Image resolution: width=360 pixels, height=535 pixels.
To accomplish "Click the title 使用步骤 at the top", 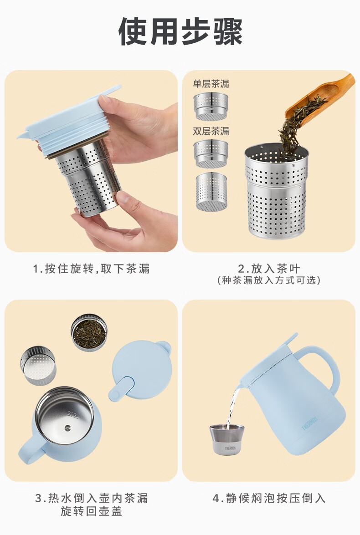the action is [x=180, y=31].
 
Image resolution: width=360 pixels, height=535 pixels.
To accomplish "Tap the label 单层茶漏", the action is [x=211, y=84].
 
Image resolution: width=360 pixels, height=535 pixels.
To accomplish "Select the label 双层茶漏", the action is [x=211, y=131].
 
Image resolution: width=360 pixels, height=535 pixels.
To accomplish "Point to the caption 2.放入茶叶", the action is [x=269, y=268].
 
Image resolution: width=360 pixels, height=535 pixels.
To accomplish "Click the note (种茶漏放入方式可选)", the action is [x=269, y=280].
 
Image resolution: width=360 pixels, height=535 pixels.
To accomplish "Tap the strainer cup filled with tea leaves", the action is [x=89, y=333].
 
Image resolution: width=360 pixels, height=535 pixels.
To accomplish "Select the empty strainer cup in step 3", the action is [x=37, y=365].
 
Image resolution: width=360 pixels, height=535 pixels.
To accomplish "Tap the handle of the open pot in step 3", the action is [x=30, y=448].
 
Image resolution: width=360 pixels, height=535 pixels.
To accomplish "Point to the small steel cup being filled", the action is [x=227, y=439].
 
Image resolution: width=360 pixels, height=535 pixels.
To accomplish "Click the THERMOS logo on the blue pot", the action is [x=310, y=423].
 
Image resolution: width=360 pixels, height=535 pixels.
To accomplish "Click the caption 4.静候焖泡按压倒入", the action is [x=269, y=498].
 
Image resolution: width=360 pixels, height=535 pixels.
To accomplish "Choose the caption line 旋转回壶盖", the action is [x=91, y=511].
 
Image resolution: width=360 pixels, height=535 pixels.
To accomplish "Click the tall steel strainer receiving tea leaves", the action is [x=276, y=191].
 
